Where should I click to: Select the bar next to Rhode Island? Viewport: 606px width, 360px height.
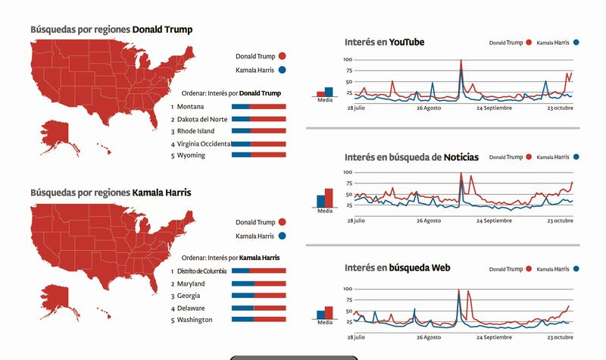[x=258, y=131]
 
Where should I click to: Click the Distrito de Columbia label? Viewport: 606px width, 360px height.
[x=200, y=271]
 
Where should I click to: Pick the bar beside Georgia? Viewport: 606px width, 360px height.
[x=258, y=296]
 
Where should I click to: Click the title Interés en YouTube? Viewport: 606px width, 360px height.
[x=384, y=42]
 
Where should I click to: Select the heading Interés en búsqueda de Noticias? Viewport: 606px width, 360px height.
[x=411, y=157]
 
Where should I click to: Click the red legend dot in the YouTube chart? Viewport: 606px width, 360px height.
[x=529, y=44]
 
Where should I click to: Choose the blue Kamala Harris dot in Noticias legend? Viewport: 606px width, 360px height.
[x=576, y=158]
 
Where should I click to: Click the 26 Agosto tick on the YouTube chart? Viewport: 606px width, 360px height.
[x=429, y=108]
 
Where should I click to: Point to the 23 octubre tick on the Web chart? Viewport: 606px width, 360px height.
[x=561, y=337]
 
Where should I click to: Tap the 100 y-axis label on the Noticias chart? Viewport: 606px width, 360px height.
[x=348, y=173]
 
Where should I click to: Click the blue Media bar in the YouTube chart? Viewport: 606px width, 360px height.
[x=329, y=92]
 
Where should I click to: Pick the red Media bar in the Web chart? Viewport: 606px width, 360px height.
[x=329, y=313]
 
